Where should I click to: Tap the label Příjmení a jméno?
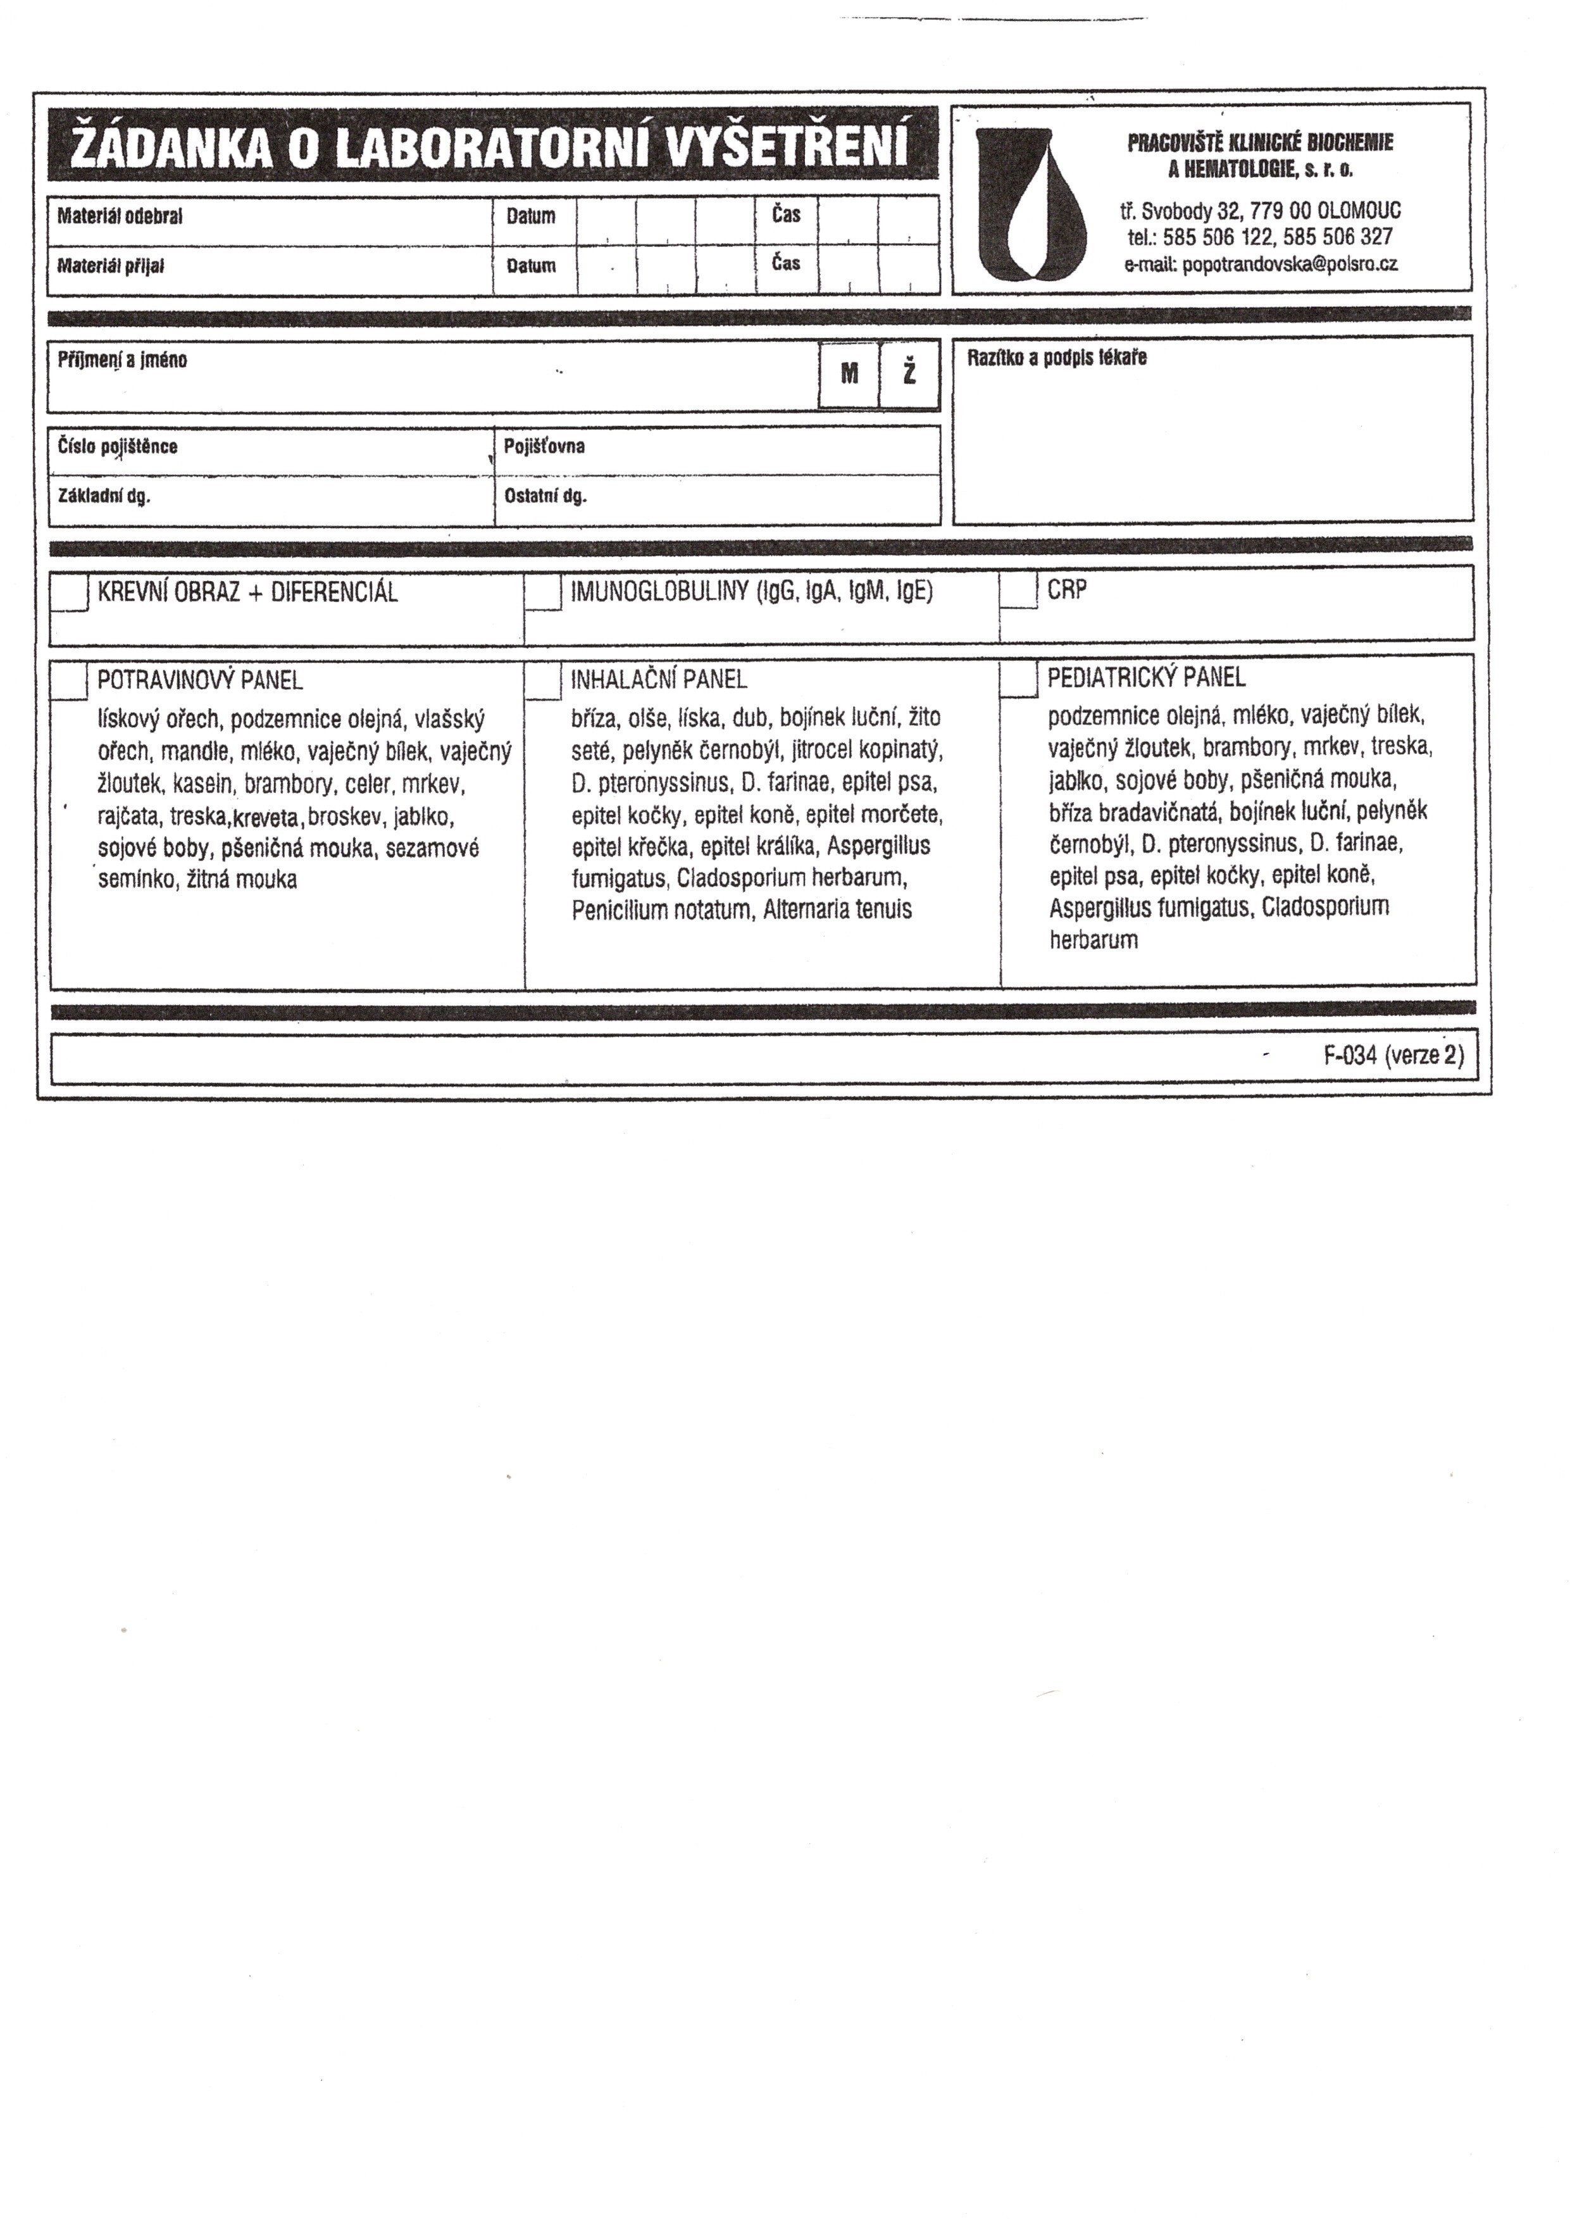tap(123, 361)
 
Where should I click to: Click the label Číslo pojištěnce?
tap(118, 447)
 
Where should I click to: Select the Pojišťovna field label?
tap(544, 447)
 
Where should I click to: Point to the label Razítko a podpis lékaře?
tap(1057, 358)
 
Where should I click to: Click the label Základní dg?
tap(104, 497)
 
